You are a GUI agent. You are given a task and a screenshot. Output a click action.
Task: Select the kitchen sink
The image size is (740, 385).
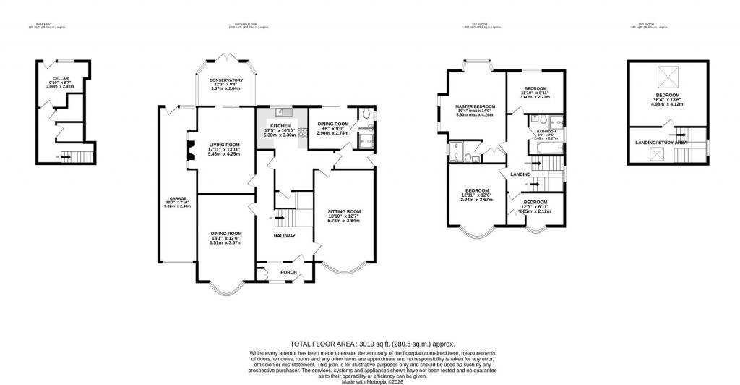tap(281, 112)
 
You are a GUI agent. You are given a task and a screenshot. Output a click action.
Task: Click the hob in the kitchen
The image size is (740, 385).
tap(303, 132)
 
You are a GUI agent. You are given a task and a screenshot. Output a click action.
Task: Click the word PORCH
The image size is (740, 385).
tap(279, 272)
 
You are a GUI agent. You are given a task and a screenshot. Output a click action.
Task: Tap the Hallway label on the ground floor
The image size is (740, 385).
tap(283, 237)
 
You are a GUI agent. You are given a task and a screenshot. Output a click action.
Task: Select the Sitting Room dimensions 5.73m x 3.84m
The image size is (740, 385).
tap(344, 220)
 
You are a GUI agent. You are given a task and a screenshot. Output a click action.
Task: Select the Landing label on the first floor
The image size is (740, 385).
tap(520, 174)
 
